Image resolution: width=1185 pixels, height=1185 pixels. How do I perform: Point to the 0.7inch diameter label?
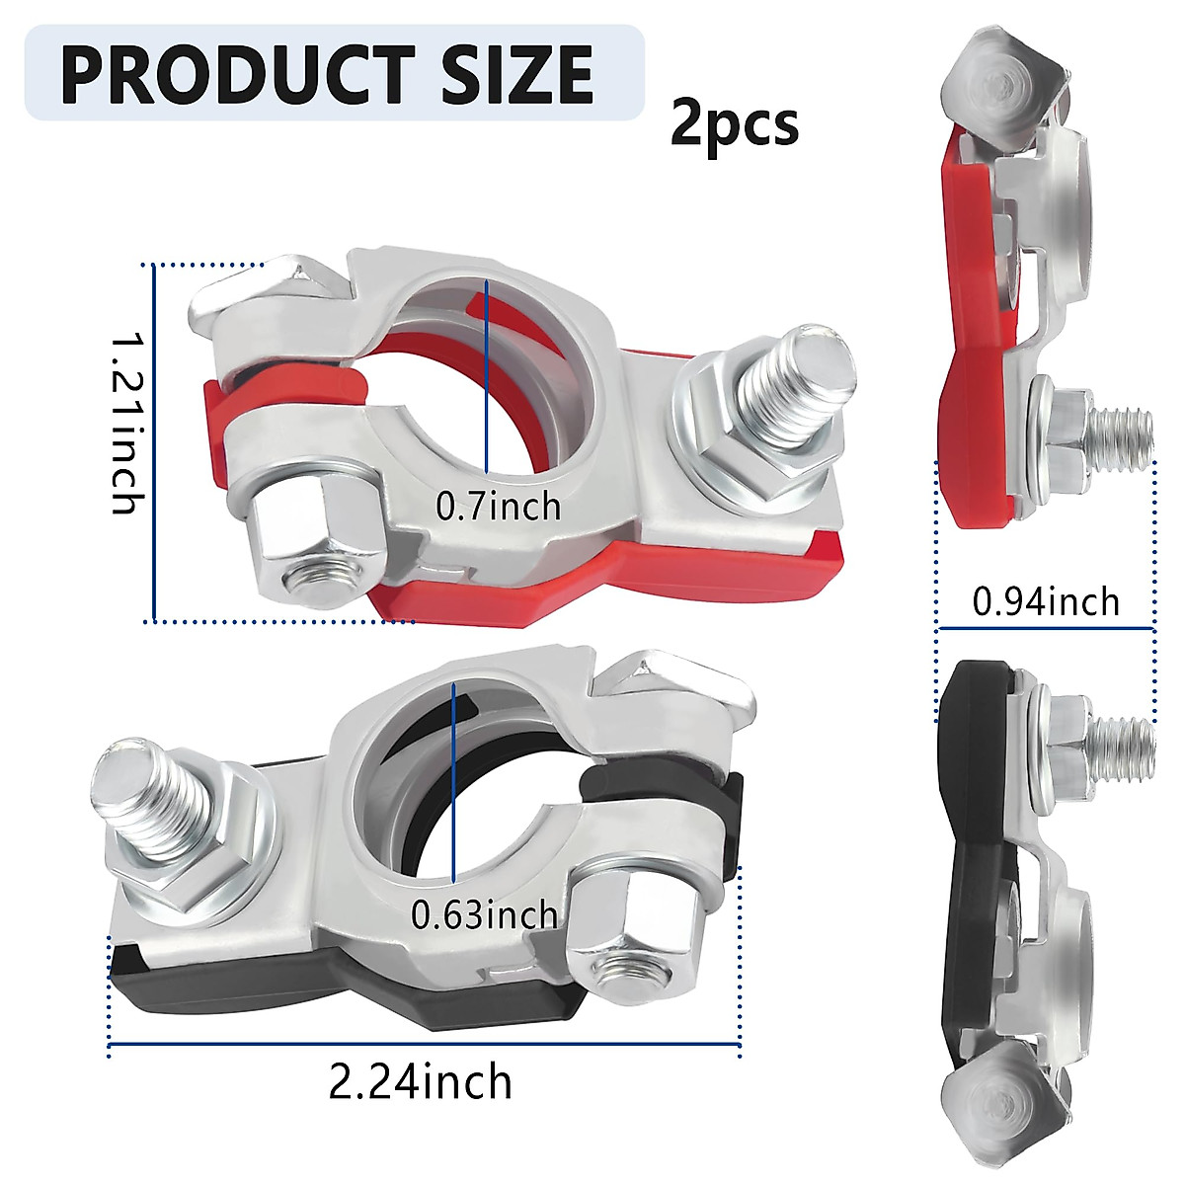(x=499, y=507)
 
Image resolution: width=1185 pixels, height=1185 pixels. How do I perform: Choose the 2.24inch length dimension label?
(x=421, y=1082)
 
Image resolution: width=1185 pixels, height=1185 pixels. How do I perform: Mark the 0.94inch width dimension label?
(x=1047, y=600)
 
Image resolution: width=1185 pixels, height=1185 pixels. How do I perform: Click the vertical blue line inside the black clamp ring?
(x=453, y=780)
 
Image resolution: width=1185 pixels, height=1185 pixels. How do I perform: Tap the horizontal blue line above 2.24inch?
(x=425, y=1044)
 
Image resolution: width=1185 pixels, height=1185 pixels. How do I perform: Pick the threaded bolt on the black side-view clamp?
(x=1116, y=736)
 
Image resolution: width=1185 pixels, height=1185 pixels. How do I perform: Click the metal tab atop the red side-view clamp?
(x=1002, y=84)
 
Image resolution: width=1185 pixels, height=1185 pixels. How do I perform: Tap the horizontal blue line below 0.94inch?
(x=1047, y=628)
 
